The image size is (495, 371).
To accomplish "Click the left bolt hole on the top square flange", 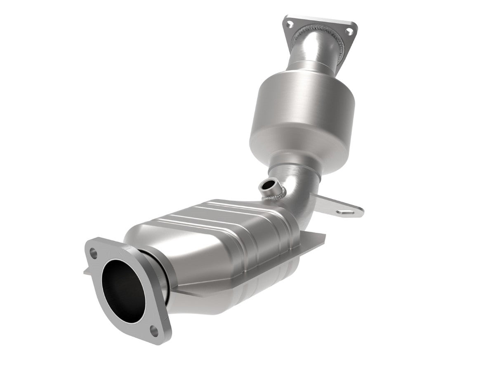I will click(289, 21).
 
